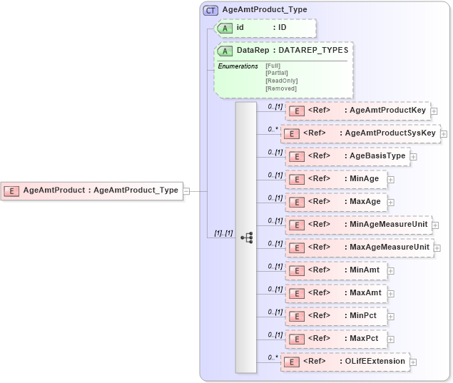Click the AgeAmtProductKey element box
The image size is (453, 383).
click(x=357, y=111)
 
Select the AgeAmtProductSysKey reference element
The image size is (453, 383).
click(x=360, y=133)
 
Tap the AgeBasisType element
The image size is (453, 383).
click(x=347, y=156)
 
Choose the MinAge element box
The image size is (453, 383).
click(x=336, y=179)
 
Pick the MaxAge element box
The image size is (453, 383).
click(x=336, y=202)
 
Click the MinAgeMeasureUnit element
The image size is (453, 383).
click(x=358, y=225)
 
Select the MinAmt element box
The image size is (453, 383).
click(x=336, y=270)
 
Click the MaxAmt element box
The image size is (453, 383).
click(x=336, y=293)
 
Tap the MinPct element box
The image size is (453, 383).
click(x=336, y=316)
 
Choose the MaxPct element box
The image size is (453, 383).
click(x=336, y=339)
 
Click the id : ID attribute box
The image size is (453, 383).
click(x=265, y=28)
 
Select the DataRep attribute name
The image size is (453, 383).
click(x=253, y=51)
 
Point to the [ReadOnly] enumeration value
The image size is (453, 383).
click(x=281, y=81)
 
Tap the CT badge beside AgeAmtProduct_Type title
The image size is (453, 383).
click(x=211, y=10)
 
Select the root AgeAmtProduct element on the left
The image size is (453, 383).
click(x=92, y=190)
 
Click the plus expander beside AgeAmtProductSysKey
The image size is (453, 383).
click(x=444, y=133)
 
